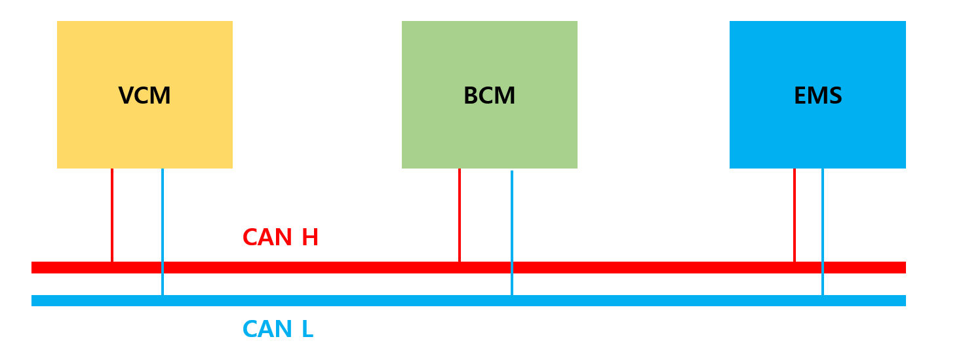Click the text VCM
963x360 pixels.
(144, 96)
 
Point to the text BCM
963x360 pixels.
(489, 96)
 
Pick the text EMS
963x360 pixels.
(817, 96)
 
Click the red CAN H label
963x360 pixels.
(280, 237)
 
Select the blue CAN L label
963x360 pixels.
(277, 329)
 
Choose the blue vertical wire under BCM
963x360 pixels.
(512, 216)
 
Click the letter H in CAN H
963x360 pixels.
(309, 237)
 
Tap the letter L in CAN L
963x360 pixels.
(307, 329)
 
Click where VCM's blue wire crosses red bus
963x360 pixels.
(163, 268)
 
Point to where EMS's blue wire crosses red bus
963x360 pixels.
(823, 268)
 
